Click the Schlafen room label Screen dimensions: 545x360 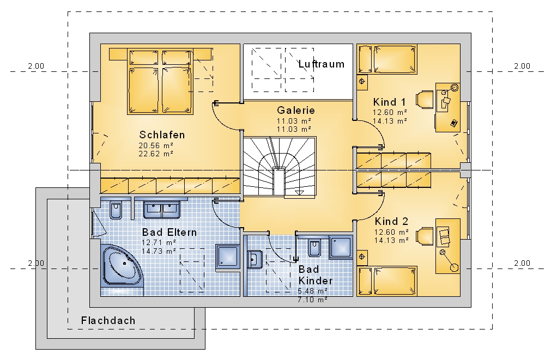tap(162, 135)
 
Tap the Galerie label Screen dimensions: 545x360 tap(296, 111)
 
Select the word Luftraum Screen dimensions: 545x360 tap(321, 64)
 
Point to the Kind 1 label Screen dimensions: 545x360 tap(389, 102)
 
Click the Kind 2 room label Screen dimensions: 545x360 tap(391, 221)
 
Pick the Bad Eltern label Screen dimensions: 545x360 tap(169, 232)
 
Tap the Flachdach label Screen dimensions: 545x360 tap(108, 320)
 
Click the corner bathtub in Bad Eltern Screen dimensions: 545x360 tap(122, 266)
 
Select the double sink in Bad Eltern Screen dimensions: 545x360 tap(162, 209)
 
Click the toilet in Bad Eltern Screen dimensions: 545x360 tap(116, 210)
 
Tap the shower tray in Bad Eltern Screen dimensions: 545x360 tap(228, 258)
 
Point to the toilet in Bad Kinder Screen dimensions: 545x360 tap(314, 247)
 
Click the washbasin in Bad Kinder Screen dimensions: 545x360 tap(255, 259)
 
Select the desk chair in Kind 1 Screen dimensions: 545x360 tap(425, 100)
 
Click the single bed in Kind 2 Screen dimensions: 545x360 tap(387, 281)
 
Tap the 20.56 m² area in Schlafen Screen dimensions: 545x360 tap(156, 145)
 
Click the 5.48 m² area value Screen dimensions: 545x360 tap(312, 291)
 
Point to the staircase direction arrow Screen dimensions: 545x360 tap(299, 192)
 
